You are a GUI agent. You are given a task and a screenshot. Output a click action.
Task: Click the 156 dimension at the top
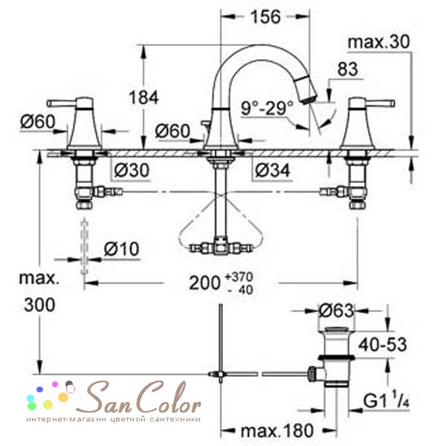point(265,17)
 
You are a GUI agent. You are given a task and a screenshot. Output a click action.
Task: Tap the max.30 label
point(379,42)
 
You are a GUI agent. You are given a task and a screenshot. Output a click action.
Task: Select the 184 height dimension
point(143,97)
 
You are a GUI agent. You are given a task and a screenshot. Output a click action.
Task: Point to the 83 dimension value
point(347,69)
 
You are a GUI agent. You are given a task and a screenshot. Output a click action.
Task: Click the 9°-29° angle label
point(267,108)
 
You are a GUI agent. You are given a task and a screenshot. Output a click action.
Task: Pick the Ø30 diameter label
point(132,170)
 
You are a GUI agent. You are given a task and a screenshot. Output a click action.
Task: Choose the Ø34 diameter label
point(272,170)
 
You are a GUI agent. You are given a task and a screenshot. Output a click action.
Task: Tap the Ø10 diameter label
point(121,249)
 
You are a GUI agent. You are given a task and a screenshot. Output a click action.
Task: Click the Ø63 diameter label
point(336,310)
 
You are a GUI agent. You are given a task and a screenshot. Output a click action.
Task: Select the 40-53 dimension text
point(383,345)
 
